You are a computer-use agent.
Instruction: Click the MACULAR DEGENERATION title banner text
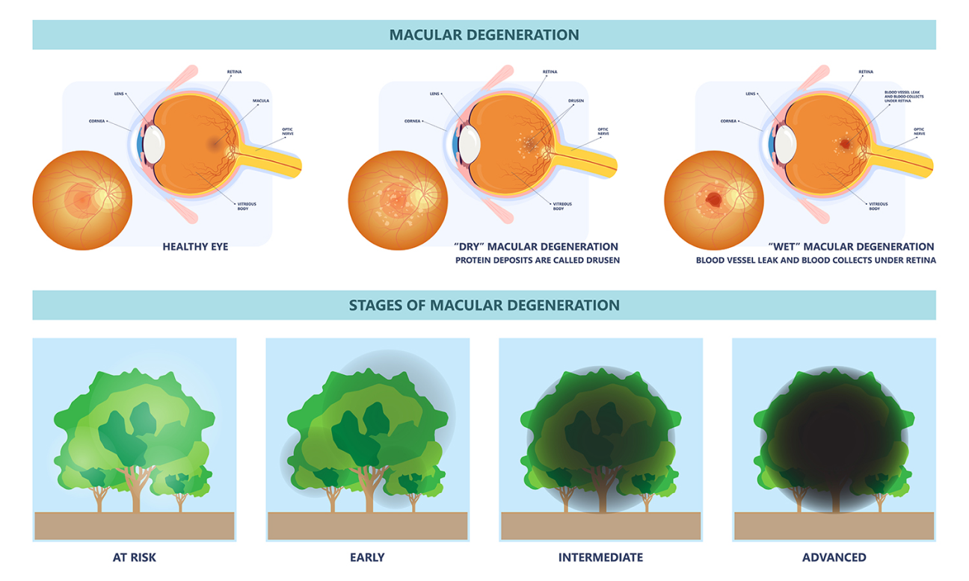pos(484,35)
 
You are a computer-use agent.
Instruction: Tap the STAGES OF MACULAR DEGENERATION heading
pos(484,305)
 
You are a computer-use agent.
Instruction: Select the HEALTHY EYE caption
pos(195,246)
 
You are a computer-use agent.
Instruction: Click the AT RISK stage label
pos(135,557)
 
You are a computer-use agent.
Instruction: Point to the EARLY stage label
pos(367,557)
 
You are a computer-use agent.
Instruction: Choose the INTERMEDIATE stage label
pos(600,557)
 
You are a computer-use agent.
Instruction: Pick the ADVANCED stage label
pos(834,557)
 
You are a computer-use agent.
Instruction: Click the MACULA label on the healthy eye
pos(261,100)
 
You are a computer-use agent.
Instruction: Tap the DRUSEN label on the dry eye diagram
pos(576,100)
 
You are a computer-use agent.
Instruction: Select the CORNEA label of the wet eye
pos(730,120)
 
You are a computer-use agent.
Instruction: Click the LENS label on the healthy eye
pos(119,94)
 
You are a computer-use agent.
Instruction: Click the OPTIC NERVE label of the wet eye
pos(919,131)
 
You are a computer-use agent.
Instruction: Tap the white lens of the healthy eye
pos(153,144)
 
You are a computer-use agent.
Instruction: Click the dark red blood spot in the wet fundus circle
pos(713,199)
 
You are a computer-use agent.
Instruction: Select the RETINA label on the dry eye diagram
pos(550,72)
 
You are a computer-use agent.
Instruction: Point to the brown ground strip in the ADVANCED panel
pos(834,526)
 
